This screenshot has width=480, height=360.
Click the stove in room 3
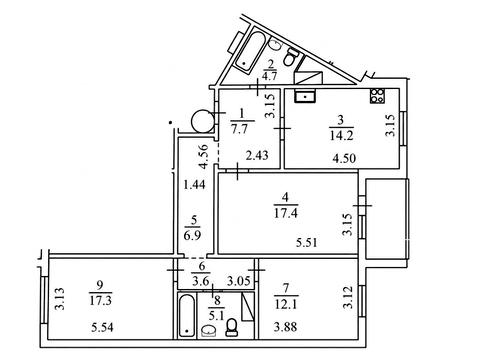point(377,96)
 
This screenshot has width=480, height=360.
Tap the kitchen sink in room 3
point(305,96)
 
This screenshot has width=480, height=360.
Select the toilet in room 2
point(290,57)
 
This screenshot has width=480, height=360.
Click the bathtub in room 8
point(187,315)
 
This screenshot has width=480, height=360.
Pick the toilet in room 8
point(232,327)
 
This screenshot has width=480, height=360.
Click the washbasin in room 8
point(209,331)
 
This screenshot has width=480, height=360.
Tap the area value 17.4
point(286,213)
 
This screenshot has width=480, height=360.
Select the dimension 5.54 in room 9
point(102,327)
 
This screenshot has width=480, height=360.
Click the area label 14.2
point(341,135)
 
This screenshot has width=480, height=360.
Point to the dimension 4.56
point(203,156)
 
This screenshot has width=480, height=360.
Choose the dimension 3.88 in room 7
point(286,327)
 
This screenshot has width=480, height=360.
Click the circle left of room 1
point(202,121)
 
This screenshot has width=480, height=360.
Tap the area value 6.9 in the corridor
point(192,235)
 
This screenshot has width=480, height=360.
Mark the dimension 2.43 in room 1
point(257,155)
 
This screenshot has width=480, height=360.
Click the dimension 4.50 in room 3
point(344,158)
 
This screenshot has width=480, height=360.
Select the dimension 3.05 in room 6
point(239,281)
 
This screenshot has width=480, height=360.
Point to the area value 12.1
point(286,304)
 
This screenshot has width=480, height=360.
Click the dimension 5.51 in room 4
point(307,242)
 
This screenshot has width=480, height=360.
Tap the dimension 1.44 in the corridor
point(195,184)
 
